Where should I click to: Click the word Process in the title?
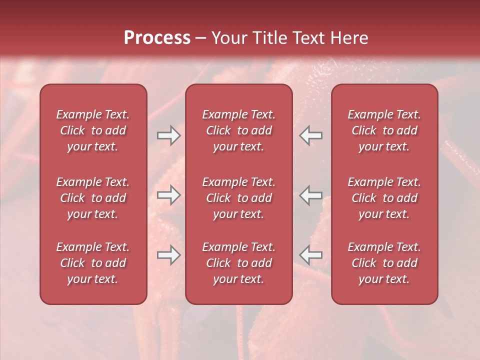click(157, 38)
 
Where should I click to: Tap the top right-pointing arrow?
click(168, 135)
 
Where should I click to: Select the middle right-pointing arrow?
click(168, 195)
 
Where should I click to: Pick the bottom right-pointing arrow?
click(168, 255)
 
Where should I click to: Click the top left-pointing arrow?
click(311, 135)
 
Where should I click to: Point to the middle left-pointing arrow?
click(311, 195)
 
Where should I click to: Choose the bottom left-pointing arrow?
click(311, 255)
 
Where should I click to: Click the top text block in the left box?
click(93, 130)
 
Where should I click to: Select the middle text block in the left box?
click(93, 198)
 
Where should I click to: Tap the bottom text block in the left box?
click(93, 263)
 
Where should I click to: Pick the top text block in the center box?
click(238, 130)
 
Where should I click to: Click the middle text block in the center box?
click(238, 198)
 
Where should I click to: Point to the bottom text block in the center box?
click(238, 263)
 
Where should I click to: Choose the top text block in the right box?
click(384, 130)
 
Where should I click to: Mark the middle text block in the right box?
click(384, 198)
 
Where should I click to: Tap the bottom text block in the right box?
click(384, 263)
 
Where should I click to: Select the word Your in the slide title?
click(227, 38)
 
